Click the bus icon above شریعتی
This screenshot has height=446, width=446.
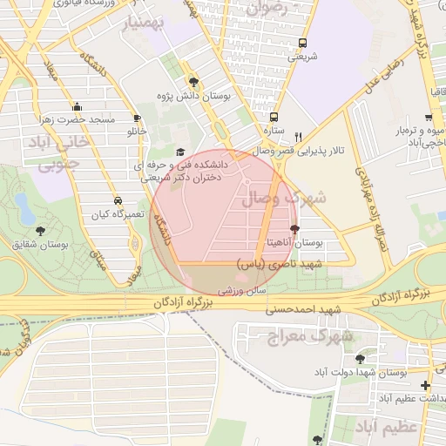pyautogui.click(x=302, y=43)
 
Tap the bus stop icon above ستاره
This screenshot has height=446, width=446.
pyautogui.click(x=274, y=116)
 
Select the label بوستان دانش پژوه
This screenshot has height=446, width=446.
pyautogui.click(x=193, y=96)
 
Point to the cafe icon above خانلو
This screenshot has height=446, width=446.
pyautogui.click(x=137, y=118)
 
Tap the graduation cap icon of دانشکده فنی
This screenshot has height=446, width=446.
pyautogui.click(x=180, y=151)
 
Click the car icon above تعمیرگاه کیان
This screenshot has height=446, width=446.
pyautogui.click(x=118, y=199)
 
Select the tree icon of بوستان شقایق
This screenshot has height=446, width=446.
pyautogui.click(x=40, y=230)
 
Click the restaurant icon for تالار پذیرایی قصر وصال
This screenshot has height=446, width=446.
pyautogui.click(x=299, y=137)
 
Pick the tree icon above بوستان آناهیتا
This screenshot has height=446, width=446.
pyautogui.click(x=294, y=228)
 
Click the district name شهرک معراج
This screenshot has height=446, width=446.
pyautogui.click(x=295, y=335)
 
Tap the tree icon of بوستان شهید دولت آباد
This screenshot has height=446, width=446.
pyautogui.click(x=361, y=358)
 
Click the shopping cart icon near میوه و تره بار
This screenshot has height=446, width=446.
pyautogui.click(x=429, y=118)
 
